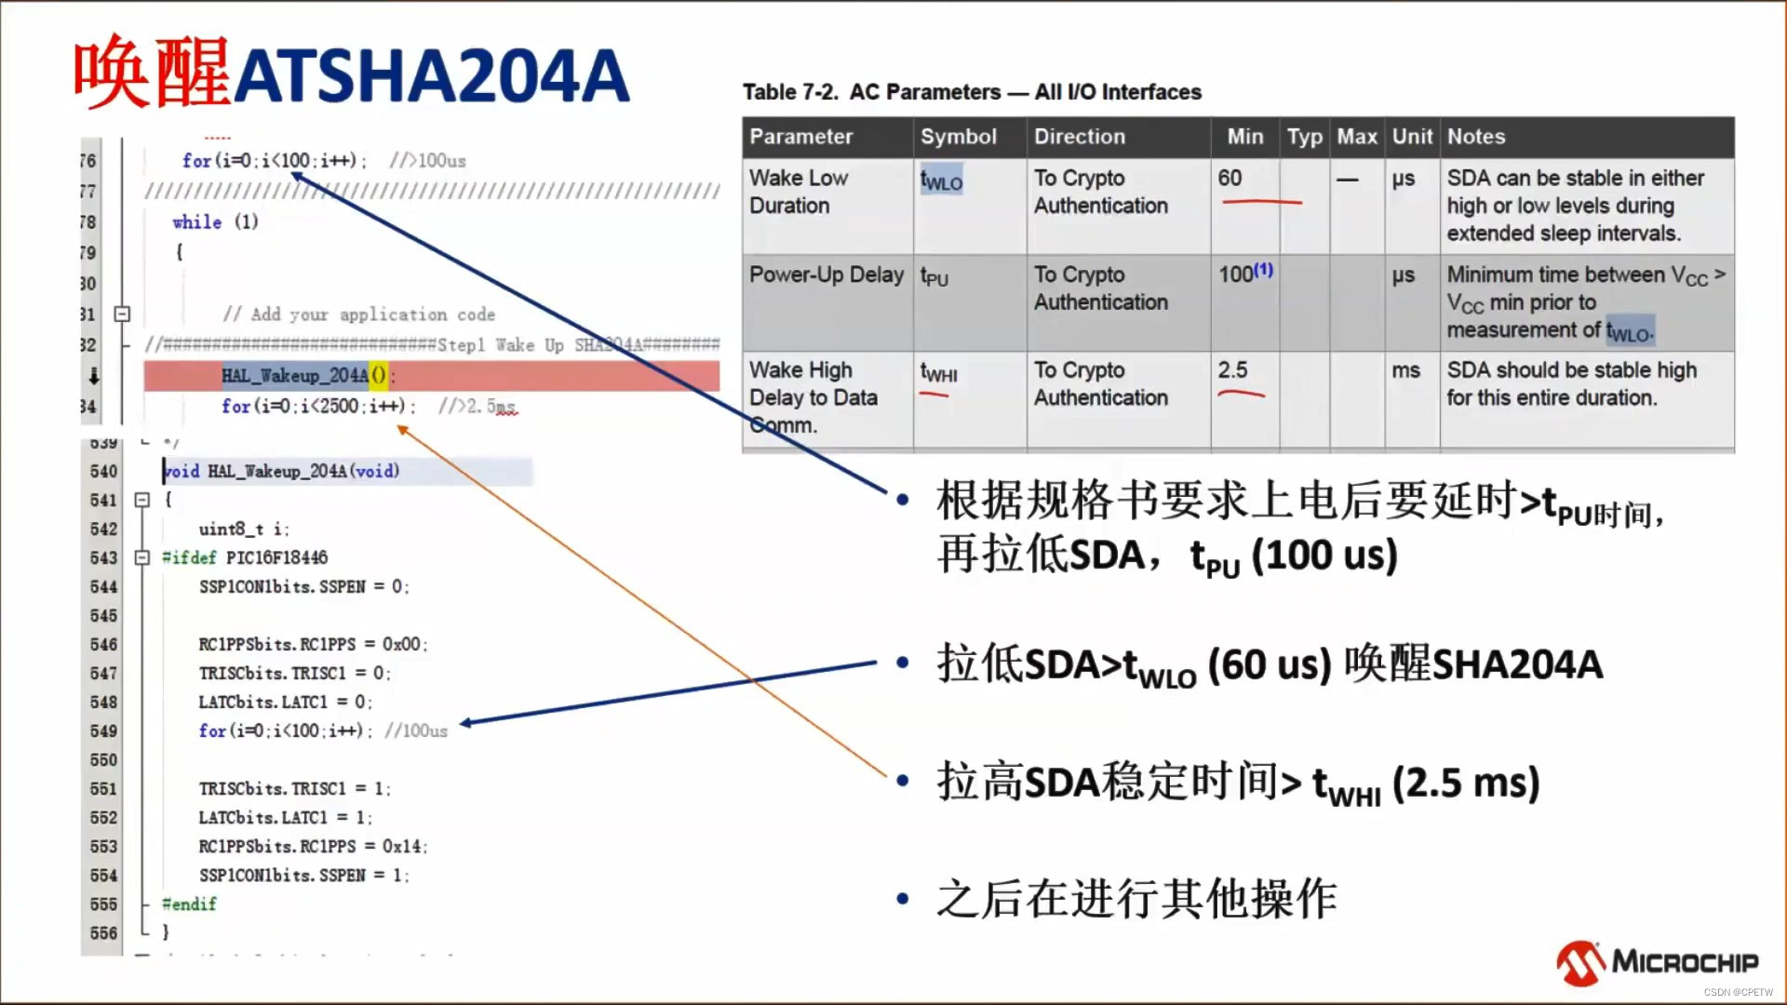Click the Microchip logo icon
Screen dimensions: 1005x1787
[1580, 962]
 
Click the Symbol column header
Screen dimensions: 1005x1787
[958, 137]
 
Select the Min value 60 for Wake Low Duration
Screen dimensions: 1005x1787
[1229, 178]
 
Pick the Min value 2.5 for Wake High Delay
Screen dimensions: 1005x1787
[1232, 370]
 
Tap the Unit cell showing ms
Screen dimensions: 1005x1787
[1405, 370]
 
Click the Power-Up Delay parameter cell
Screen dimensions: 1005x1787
[826, 275]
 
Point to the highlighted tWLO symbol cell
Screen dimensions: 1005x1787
[941, 180]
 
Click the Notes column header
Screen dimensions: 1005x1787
[1475, 137]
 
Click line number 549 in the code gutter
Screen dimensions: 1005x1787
[103, 731]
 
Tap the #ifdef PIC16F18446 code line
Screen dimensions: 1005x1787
[245, 558]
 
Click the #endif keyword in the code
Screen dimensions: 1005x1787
[189, 904]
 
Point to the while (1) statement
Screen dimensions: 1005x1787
[215, 222]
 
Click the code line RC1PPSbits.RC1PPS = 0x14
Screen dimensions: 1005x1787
[313, 847]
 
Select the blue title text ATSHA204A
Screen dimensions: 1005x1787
[431, 76]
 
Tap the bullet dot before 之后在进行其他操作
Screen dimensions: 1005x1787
[902, 899]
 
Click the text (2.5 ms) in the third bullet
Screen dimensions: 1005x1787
[1465, 783]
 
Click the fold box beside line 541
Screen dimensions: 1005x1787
[142, 501]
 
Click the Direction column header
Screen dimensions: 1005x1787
[1079, 137]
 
